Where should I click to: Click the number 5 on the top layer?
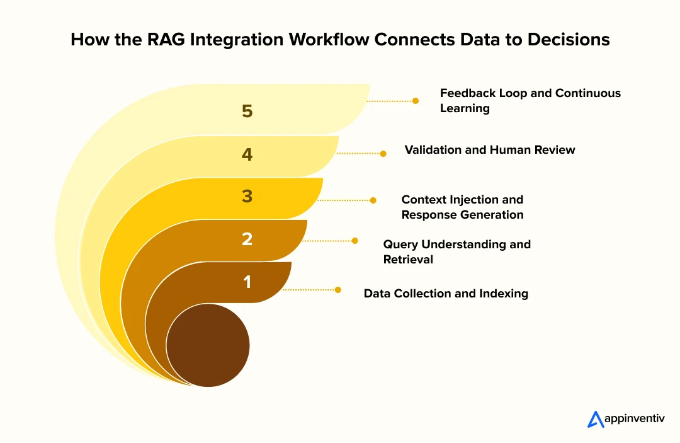[x=247, y=111]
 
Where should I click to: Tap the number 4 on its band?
[x=247, y=154]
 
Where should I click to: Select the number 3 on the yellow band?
[x=247, y=197]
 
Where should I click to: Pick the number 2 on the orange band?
[x=247, y=239]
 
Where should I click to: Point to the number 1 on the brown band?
[x=247, y=282]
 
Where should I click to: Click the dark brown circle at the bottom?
[x=208, y=345]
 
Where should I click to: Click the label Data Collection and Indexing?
[x=446, y=293]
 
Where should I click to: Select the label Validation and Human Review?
[x=490, y=150]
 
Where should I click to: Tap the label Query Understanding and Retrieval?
[x=456, y=251]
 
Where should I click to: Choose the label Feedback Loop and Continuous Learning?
[x=530, y=100]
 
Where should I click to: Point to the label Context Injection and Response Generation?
[x=462, y=207]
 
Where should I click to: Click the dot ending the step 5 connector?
[x=416, y=100]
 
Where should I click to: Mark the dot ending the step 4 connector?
[x=383, y=152]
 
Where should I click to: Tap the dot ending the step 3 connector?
[x=373, y=200]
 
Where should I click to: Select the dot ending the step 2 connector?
[x=354, y=241]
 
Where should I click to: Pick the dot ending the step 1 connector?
[x=338, y=290]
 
